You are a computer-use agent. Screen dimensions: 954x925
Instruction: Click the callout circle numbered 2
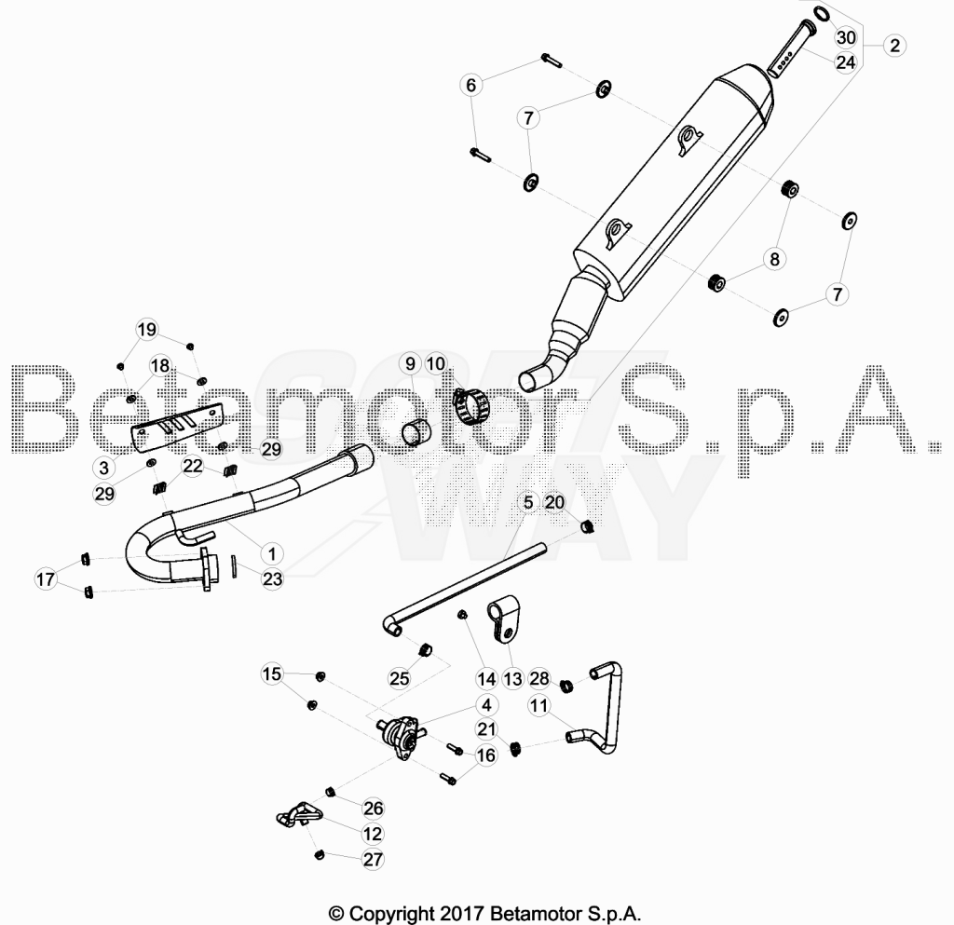894,46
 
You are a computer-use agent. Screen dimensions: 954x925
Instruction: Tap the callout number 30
846,37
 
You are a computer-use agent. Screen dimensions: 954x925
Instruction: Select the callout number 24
846,62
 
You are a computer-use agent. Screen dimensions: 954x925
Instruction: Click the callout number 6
470,85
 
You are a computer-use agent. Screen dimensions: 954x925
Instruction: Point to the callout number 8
774,260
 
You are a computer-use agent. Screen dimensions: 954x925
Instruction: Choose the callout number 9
410,363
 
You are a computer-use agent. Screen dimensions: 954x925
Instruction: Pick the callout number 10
436,363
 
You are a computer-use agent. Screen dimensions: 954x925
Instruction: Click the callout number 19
146,330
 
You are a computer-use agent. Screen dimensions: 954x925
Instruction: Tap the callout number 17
46,579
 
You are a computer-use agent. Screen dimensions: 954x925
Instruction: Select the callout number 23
272,578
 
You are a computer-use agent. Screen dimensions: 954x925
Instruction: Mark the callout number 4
486,705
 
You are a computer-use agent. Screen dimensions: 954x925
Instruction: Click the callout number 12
373,834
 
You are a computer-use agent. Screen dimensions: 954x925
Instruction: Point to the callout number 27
373,859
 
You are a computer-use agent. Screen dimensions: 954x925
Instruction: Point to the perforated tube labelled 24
790,49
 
